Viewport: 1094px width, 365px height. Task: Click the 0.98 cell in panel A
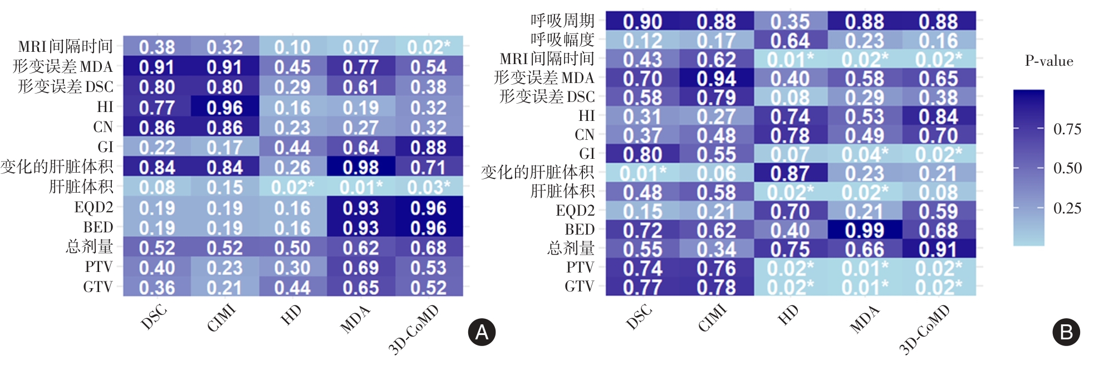click(x=361, y=167)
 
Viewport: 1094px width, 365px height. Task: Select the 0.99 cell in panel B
click(x=864, y=230)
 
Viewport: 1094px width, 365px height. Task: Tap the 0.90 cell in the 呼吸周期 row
click(x=642, y=22)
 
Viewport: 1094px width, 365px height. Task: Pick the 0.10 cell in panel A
click(x=292, y=47)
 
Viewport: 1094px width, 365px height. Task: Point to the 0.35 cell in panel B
click(x=790, y=22)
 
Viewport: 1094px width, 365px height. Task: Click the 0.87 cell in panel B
click(x=790, y=173)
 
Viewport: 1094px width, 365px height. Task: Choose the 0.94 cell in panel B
click(x=717, y=79)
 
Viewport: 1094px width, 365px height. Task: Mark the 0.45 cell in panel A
click(x=292, y=67)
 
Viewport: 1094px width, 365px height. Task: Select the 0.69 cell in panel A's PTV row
click(x=361, y=267)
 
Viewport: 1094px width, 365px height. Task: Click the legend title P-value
click(x=1049, y=61)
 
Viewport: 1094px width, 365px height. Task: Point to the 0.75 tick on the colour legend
click(x=1067, y=129)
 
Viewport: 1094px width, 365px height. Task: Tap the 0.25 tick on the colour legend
click(x=1067, y=208)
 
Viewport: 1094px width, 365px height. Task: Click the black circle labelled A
click(x=482, y=332)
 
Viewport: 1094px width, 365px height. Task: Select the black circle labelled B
click(x=1066, y=332)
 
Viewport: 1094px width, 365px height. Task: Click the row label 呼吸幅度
click(x=562, y=40)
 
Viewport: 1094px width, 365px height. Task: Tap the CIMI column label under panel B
click(x=713, y=318)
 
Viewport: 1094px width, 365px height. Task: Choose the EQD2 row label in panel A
click(x=94, y=207)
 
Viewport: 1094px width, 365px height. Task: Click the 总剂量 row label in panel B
click(x=571, y=248)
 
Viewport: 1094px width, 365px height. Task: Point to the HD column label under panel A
click(x=291, y=315)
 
